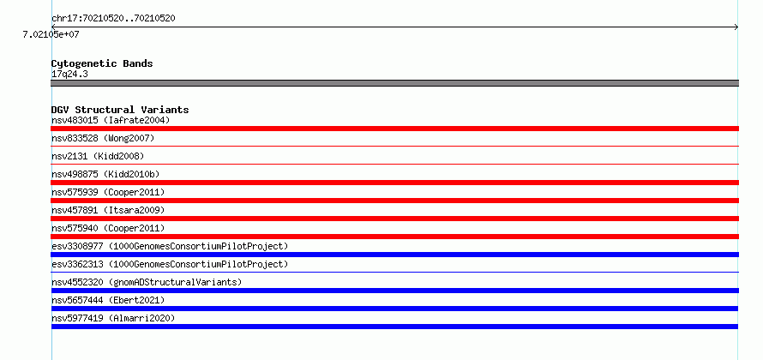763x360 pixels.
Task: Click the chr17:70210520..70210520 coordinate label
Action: coord(113,19)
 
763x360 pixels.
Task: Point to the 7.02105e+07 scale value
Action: coord(51,34)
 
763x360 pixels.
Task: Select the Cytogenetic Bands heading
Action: coord(102,63)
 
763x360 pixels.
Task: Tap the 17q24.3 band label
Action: coord(69,75)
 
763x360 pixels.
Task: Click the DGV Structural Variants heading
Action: coord(120,110)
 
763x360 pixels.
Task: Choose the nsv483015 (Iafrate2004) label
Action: coord(111,120)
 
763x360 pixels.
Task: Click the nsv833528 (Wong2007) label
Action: coord(103,139)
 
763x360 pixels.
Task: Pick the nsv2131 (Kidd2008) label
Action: coord(98,156)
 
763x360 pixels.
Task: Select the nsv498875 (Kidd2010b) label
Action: coord(105,174)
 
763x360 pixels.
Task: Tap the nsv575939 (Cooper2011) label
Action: coord(108,192)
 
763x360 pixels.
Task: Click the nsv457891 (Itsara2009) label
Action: coord(108,210)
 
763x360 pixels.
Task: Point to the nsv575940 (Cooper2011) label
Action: coord(108,228)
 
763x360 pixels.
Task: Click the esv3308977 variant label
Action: coord(170,246)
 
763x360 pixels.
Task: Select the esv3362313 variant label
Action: coord(170,264)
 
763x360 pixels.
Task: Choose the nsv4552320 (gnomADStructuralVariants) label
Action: coord(147,282)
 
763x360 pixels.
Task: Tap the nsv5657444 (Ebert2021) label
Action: coord(108,300)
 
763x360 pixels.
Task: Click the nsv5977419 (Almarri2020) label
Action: coord(113,318)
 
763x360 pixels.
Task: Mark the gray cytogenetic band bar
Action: coord(394,83)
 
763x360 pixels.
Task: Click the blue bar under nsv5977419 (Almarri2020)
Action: coord(394,327)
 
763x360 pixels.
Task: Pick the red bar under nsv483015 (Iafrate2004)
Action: coord(394,129)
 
